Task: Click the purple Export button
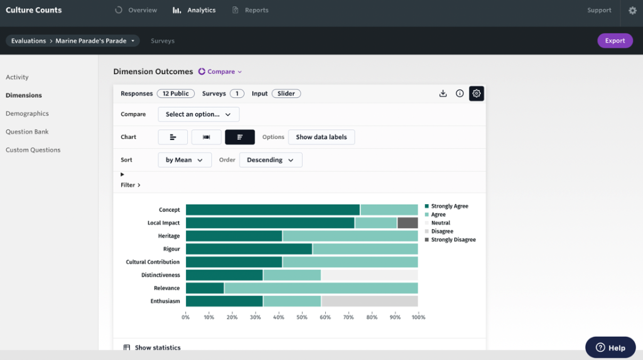point(614,41)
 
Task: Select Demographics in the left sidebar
point(27,114)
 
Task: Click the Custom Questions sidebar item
point(33,150)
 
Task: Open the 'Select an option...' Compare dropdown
point(198,114)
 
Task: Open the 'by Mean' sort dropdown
point(185,160)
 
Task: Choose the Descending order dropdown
point(271,160)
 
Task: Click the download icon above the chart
point(443,94)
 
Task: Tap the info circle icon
point(460,94)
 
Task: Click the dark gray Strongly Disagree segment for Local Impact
point(408,223)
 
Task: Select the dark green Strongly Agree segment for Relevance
point(205,288)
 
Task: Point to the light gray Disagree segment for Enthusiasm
point(369,302)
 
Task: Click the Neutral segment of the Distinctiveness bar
point(369,275)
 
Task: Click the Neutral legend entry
point(440,223)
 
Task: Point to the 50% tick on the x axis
point(302,317)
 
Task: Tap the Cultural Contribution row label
point(153,262)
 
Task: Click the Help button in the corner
point(610,347)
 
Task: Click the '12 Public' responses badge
point(175,94)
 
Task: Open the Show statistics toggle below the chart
point(152,347)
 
